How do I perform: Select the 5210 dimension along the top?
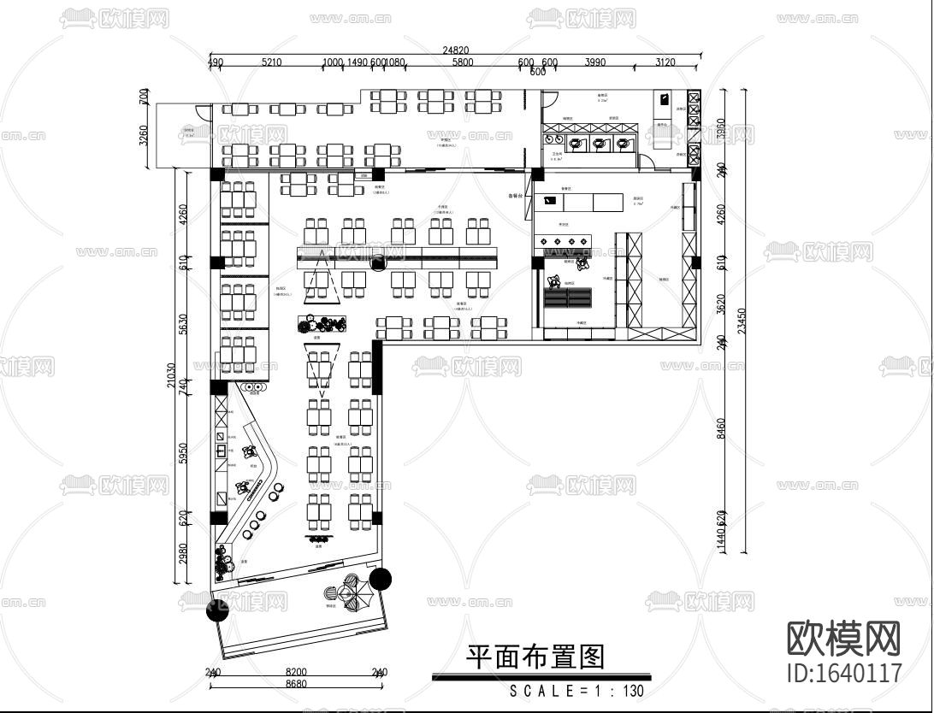tap(272, 62)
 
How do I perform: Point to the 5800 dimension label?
tap(463, 62)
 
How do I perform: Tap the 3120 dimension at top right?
tap(665, 62)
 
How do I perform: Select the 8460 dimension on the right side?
tap(720, 427)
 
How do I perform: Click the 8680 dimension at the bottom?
tap(296, 684)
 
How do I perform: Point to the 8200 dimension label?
tap(296, 672)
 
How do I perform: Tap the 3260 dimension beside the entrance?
tap(143, 135)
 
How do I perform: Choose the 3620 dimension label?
tap(720, 304)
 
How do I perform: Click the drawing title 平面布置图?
tap(535, 657)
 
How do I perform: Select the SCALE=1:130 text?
tap(576, 691)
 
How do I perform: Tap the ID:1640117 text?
tap(843, 672)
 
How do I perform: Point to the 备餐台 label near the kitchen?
tap(515, 196)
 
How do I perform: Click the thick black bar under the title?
tap(541, 677)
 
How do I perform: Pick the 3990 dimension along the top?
tap(594, 62)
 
